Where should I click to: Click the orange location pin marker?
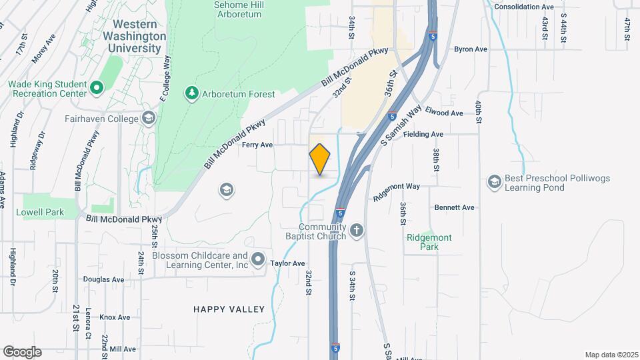coord(320,159)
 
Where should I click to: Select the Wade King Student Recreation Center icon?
coord(96,87)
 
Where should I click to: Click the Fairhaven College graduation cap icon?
coord(148,119)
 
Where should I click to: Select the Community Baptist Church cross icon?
coord(357,231)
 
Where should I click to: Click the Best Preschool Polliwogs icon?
coord(494,181)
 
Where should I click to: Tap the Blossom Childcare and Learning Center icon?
coord(258,259)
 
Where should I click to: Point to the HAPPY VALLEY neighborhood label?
coord(229,309)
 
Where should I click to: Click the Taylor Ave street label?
coord(287,263)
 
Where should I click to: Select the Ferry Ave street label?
coord(257,145)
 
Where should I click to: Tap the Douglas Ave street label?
coord(103,279)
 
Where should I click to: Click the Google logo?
coord(22,351)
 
